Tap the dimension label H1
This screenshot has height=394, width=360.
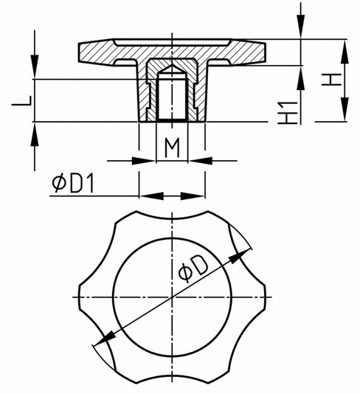point(288,113)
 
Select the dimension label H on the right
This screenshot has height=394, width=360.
point(332,80)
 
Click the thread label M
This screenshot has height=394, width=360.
point(172,148)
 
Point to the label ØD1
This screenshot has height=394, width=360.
point(73,184)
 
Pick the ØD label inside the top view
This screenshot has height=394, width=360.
point(193,269)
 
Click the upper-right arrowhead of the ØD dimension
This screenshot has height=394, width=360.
point(238,256)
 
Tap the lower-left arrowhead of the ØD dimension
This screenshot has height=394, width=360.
point(104,339)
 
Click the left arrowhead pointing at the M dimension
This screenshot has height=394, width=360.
point(142,161)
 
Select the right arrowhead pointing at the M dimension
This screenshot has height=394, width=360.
point(201,161)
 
